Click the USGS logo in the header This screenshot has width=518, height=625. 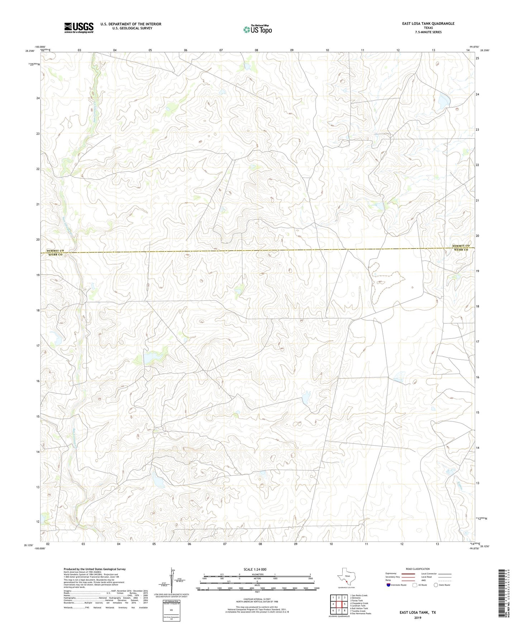point(79,28)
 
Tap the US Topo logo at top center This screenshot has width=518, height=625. point(257,29)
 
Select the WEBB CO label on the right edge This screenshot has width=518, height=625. point(461,249)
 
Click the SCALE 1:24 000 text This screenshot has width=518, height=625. point(257,570)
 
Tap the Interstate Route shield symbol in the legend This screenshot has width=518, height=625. point(389,585)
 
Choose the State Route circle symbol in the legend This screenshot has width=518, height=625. point(436,585)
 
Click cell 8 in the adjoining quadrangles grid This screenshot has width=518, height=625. point(344,610)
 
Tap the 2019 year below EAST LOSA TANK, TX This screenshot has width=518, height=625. point(418,617)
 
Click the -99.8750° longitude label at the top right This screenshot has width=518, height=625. point(474,47)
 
